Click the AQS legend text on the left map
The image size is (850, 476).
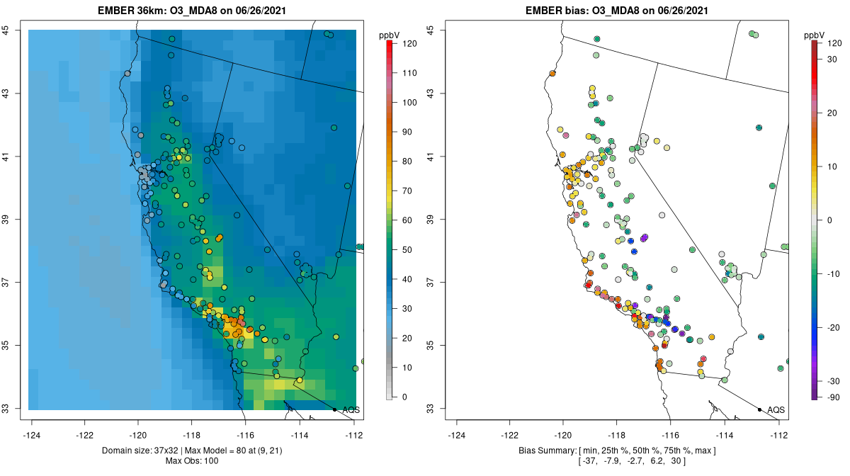tap(351, 409)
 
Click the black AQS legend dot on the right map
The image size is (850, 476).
tap(759, 409)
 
